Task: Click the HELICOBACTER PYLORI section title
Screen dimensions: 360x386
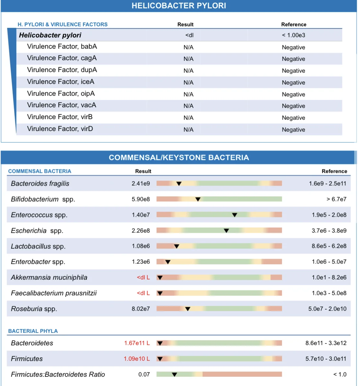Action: tap(179, 6)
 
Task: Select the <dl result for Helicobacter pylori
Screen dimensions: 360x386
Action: tap(189, 35)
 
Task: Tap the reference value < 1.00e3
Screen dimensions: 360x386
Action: tap(293, 35)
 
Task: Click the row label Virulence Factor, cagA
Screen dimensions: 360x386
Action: tap(62, 58)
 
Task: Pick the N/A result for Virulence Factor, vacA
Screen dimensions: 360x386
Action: tap(188, 106)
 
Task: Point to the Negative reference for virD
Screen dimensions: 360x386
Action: tap(293, 129)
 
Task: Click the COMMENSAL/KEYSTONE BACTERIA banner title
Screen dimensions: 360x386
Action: tap(179, 157)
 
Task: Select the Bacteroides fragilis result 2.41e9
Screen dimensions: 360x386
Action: tap(140, 183)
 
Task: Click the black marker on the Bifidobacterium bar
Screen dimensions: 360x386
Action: tap(198, 199)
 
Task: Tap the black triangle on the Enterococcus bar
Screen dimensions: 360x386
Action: tap(235, 215)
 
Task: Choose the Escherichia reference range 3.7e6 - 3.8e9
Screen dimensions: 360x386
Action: tap(329, 230)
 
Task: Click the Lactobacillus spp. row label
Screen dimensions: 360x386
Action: tap(38, 246)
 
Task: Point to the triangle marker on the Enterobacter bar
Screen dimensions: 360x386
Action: tap(168, 262)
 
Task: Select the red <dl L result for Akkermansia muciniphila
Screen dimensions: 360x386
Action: tap(143, 277)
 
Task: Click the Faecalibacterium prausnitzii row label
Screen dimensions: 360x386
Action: tap(54, 293)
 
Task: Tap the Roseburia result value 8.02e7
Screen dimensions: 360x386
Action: tap(140, 309)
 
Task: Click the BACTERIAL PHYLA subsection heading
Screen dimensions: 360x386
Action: tap(33, 331)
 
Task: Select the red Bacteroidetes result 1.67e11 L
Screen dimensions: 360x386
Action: tap(137, 343)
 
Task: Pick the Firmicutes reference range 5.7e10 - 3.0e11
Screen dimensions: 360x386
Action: tap(326, 358)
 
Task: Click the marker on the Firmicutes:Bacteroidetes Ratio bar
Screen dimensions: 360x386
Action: tap(174, 374)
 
